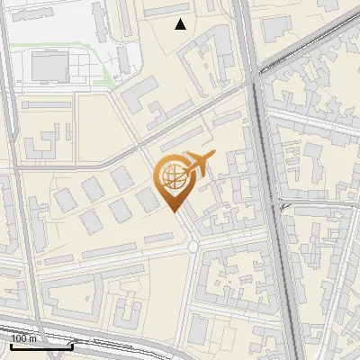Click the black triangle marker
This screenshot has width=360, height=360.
click(x=181, y=24)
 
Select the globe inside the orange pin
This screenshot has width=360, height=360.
click(x=171, y=175)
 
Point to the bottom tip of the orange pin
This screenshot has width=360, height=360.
click(x=173, y=211)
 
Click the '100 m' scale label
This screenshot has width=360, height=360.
click(x=24, y=338)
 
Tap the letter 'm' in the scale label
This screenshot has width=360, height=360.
click(x=33, y=338)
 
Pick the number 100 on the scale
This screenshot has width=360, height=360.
click(x=20, y=338)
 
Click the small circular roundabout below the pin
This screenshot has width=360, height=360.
click(x=193, y=246)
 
